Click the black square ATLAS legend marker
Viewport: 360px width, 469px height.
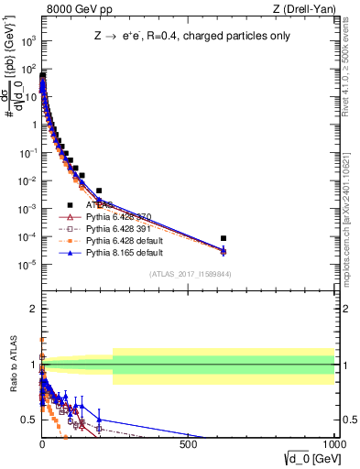(70, 206)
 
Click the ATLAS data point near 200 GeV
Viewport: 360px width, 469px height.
(99, 191)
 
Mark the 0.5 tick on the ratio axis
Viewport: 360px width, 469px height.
(28, 420)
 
